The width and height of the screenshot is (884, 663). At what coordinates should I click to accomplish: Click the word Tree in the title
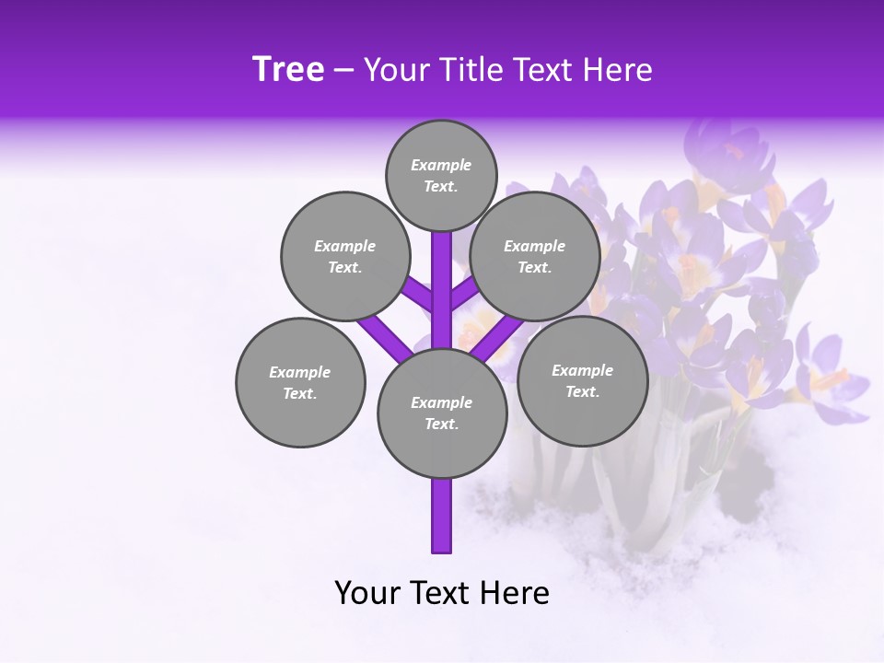pyautogui.click(x=288, y=70)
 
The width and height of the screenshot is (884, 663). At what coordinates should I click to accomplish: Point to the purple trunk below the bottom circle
pyautogui.click(x=442, y=516)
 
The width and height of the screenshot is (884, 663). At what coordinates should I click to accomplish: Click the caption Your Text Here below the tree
pyautogui.click(x=442, y=593)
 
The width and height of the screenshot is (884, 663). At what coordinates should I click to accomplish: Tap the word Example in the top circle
pyautogui.click(x=441, y=165)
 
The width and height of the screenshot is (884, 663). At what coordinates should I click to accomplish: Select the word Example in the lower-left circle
pyautogui.click(x=299, y=372)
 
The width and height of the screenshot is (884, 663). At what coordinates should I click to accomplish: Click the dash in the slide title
pyautogui.click(x=344, y=70)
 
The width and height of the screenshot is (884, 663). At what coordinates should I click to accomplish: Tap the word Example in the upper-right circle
pyautogui.click(x=534, y=246)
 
